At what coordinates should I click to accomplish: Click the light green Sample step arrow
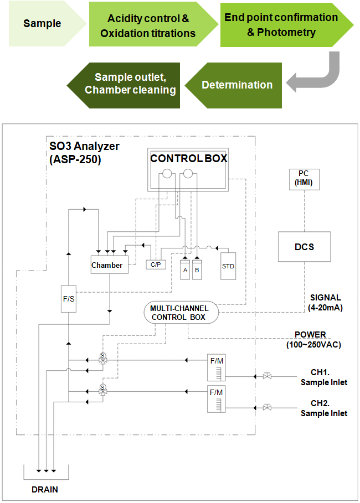(x=45, y=24)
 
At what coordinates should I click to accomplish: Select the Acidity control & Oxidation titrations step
(x=151, y=24)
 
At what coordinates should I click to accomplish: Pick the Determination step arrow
(x=234, y=85)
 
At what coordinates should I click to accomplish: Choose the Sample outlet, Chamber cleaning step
(x=125, y=85)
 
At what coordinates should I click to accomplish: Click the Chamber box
(x=110, y=265)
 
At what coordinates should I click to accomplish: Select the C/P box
(x=156, y=265)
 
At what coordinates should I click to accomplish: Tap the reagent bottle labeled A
(x=185, y=270)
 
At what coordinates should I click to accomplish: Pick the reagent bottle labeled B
(x=197, y=270)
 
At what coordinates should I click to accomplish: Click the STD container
(x=228, y=266)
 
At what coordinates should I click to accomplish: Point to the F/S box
(x=69, y=299)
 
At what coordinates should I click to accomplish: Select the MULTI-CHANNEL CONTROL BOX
(x=181, y=313)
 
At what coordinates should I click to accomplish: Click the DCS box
(x=305, y=247)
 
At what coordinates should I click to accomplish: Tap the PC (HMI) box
(x=304, y=179)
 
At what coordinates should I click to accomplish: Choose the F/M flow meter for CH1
(x=217, y=367)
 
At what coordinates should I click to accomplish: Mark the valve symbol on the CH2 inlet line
(x=267, y=408)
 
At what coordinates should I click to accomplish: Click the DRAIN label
(x=45, y=490)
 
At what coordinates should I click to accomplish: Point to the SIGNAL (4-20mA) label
(x=325, y=303)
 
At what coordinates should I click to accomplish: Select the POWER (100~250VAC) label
(x=314, y=339)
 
